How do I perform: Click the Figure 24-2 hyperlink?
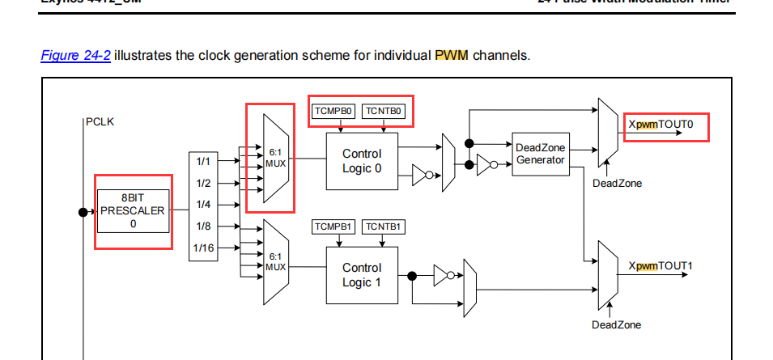click(x=75, y=56)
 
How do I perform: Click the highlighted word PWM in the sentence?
click(x=452, y=56)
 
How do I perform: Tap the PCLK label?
click(x=100, y=122)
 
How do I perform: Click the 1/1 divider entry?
click(x=203, y=161)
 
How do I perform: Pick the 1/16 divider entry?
click(x=205, y=248)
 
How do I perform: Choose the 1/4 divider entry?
click(x=203, y=205)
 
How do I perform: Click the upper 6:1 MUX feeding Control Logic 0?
click(x=275, y=158)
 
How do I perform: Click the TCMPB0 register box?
click(x=334, y=111)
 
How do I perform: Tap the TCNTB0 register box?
click(x=384, y=111)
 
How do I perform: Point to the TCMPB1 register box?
click(x=333, y=227)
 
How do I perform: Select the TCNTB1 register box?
click(x=384, y=227)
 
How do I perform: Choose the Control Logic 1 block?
click(x=362, y=275)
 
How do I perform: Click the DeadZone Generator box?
click(x=540, y=154)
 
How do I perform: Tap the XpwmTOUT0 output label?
click(x=660, y=126)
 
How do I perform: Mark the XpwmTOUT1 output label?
click(x=660, y=266)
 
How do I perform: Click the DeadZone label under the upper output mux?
click(x=617, y=184)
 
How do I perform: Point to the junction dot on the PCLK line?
click(x=83, y=212)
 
